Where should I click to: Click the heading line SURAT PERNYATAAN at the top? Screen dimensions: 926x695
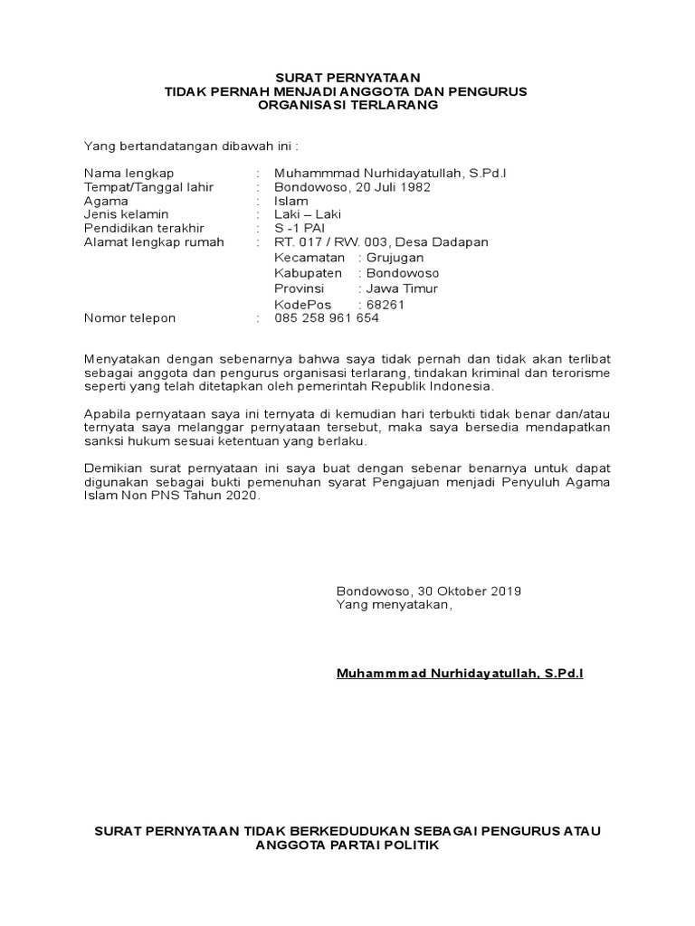347,78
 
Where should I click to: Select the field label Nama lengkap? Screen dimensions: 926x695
129,173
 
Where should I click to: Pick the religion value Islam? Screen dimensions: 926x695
291,201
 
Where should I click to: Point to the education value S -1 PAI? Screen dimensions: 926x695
300,228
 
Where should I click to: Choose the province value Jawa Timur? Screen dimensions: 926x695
401,288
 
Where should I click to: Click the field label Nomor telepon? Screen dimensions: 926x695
130,318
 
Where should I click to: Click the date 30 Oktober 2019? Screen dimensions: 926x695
470,591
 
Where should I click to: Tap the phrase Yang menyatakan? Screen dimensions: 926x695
392,604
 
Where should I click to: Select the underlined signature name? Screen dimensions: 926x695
460,674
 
